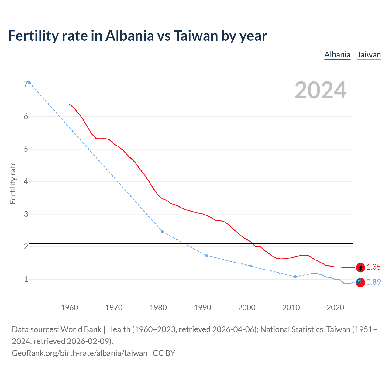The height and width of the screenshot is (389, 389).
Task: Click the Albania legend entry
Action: pyautogui.click(x=337, y=55)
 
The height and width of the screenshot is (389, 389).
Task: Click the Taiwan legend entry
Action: pyautogui.click(x=369, y=55)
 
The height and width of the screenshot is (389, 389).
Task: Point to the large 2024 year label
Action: pyautogui.click(x=321, y=90)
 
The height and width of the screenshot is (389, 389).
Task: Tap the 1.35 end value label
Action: pyautogui.click(x=374, y=267)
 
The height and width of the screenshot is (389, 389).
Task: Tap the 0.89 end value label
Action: pyautogui.click(x=374, y=282)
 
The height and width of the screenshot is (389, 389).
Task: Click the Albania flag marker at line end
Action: pyautogui.click(x=360, y=267)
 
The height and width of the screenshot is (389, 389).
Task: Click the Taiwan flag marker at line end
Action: pyautogui.click(x=360, y=283)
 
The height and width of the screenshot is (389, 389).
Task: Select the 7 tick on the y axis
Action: pyautogui.click(x=26, y=84)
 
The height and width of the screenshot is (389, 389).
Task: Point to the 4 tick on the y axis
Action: pyautogui.click(x=26, y=181)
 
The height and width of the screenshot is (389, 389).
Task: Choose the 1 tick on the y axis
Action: pyautogui.click(x=26, y=279)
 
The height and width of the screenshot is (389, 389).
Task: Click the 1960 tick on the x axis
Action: pyautogui.click(x=69, y=308)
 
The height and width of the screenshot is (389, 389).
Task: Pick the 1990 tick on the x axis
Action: pyautogui.click(x=202, y=308)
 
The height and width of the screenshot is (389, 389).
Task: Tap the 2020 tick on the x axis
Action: pyautogui.click(x=335, y=308)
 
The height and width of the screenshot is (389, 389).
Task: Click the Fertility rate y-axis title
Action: pyautogui.click(x=13, y=183)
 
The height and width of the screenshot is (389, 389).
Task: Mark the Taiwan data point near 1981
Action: pyautogui.click(x=162, y=232)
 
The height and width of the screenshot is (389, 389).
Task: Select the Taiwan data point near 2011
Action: pyautogui.click(x=295, y=277)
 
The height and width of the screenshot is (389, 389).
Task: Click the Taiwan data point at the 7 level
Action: pyautogui.click(x=29, y=83)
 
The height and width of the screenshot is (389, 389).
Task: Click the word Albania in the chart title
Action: pyautogui.click(x=130, y=36)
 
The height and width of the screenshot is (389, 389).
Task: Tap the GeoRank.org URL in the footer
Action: pyautogui.click(x=79, y=353)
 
